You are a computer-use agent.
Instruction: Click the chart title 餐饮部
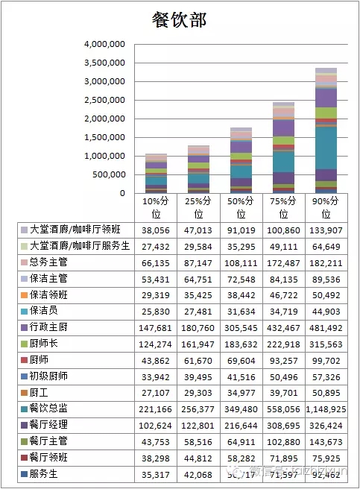click(179, 20)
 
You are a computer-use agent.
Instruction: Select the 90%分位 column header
click(326, 208)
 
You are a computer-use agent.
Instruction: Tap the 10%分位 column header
click(156, 208)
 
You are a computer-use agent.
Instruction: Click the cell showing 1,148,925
click(326, 409)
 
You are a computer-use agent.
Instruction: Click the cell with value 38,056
click(156, 230)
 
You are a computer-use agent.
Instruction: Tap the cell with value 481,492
click(326, 327)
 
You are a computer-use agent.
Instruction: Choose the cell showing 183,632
click(241, 344)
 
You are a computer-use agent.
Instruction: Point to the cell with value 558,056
click(283, 409)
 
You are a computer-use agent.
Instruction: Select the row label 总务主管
click(49, 262)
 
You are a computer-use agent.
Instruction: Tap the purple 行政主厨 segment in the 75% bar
click(283, 127)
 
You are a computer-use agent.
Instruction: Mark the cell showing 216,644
click(241, 425)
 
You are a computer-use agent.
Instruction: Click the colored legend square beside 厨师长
click(24, 344)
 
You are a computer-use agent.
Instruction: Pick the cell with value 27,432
click(156, 247)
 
